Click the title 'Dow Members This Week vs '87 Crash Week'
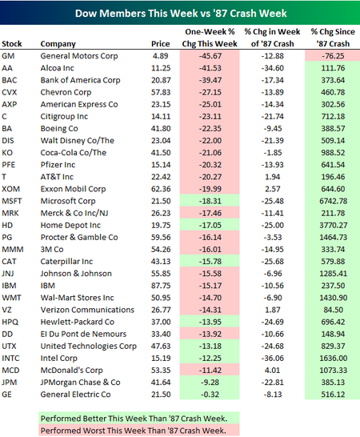180,14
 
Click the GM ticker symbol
10,56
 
